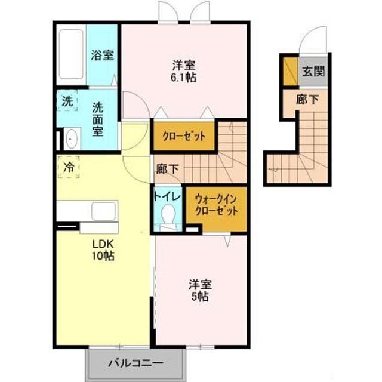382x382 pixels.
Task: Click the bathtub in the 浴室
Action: pos(71,54)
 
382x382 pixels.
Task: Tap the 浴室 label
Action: pos(102,55)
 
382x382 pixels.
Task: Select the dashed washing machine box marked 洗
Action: pos(67,101)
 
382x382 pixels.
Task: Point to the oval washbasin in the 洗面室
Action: pos(72,138)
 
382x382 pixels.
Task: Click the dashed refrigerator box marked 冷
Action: pos(69,167)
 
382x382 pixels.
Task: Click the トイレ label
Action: pos(168,196)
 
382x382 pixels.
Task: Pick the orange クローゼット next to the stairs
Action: pos(184,136)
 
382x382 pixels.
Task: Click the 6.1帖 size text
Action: pos(184,78)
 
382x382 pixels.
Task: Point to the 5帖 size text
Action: pos(199,297)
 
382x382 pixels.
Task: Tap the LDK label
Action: pos(103,244)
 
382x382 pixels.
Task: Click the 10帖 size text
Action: pos(103,256)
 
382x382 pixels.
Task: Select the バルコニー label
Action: pos(135,363)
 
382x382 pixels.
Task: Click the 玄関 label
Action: pos(313,71)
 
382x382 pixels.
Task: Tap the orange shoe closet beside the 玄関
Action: pos(291,71)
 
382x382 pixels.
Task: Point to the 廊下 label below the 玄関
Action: pos(307,99)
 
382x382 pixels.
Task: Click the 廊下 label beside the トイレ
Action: pos(167,168)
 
